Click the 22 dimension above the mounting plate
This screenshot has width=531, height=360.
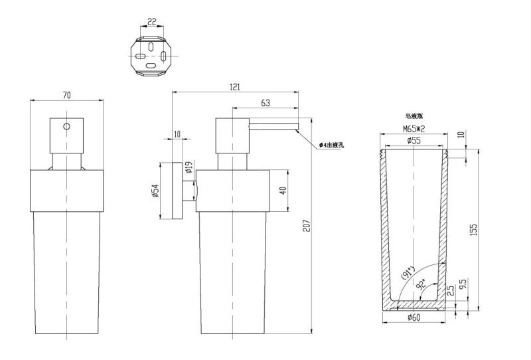click(151, 22)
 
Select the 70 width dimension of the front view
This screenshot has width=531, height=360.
click(66, 95)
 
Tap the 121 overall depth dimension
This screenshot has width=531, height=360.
click(234, 88)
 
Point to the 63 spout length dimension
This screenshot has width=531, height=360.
click(265, 102)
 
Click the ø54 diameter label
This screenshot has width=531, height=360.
click(155, 191)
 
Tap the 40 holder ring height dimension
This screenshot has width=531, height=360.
click(283, 191)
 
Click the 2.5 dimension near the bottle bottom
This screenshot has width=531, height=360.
click(451, 290)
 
